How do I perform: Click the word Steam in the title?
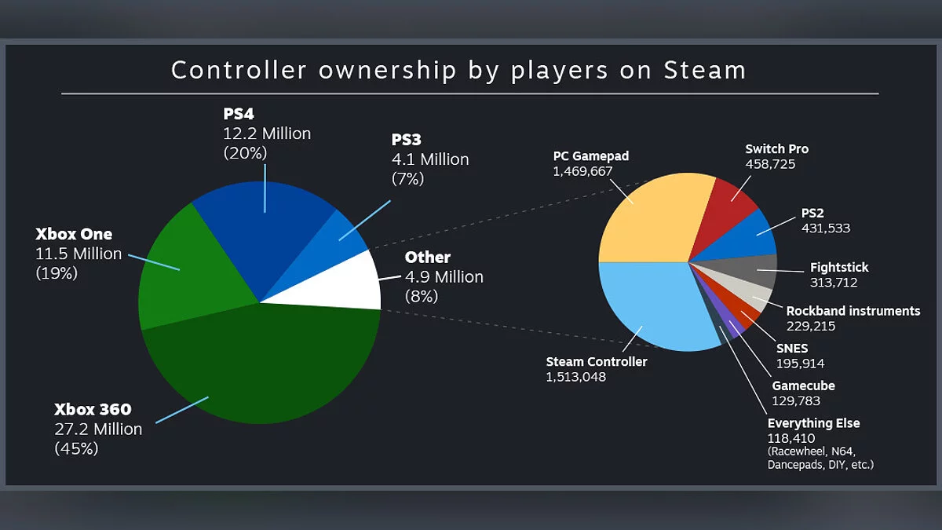[x=704, y=70]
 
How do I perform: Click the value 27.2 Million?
[x=98, y=429]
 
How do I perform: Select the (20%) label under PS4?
[x=246, y=153]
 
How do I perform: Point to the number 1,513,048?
[x=576, y=377]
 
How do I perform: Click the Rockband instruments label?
[x=853, y=311]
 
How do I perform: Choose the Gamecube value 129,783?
[x=796, y=401]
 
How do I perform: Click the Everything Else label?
[x=813, y=423]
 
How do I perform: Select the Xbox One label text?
[x=74, y=234]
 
